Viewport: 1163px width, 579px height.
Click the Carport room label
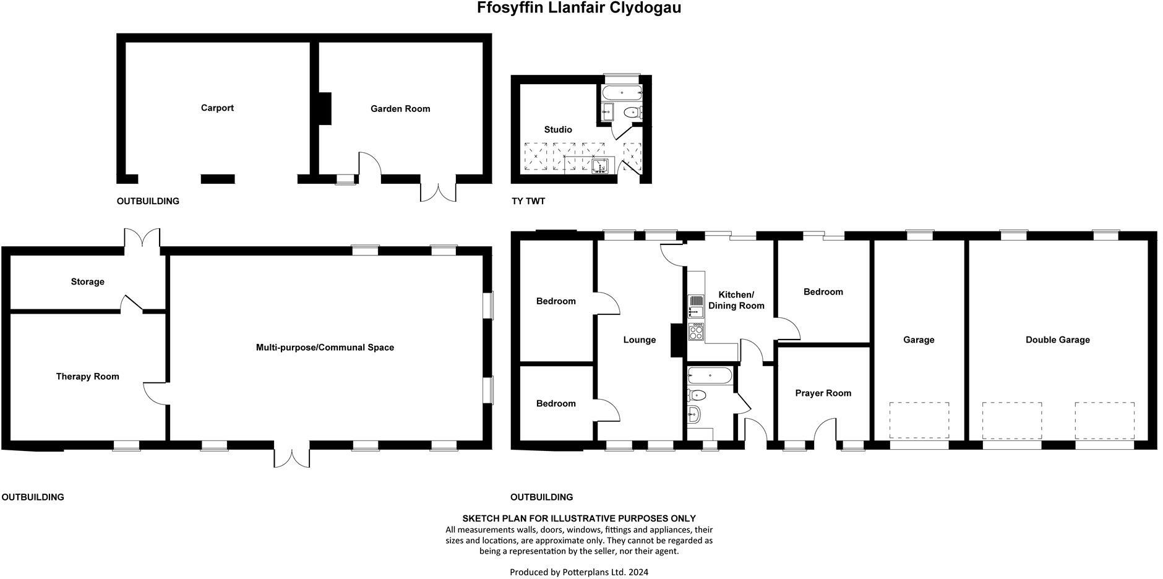(x=217, y=108)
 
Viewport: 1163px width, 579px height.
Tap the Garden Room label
(x=400, y=109)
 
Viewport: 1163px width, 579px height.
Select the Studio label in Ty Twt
(x=558, y=130)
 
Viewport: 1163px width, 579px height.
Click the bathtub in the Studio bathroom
(x=622, y=93)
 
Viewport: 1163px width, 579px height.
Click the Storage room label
(x=87, y=282)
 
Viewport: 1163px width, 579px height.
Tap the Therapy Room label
(x=87, y=377)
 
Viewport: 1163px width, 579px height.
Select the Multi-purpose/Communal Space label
(x=325, y=348)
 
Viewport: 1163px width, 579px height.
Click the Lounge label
(x=639, y=340)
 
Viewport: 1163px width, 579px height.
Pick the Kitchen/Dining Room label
(x=736, y=301)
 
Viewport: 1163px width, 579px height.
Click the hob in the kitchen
(x=696, y=332)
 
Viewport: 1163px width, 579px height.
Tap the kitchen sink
(x=696, y=304)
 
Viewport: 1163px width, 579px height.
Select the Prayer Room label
(x=823, y=393)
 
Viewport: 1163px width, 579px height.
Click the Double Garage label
(x=1057, y=340)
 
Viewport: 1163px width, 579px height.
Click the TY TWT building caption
(x=528, y=202)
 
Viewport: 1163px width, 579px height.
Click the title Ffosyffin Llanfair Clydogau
(x=579, y=8)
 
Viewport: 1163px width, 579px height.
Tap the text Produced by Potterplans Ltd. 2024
(x=578, y=572)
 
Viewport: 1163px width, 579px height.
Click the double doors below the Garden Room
(x=438, y=191)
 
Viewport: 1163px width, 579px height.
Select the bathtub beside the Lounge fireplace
(x=710, y=375)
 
